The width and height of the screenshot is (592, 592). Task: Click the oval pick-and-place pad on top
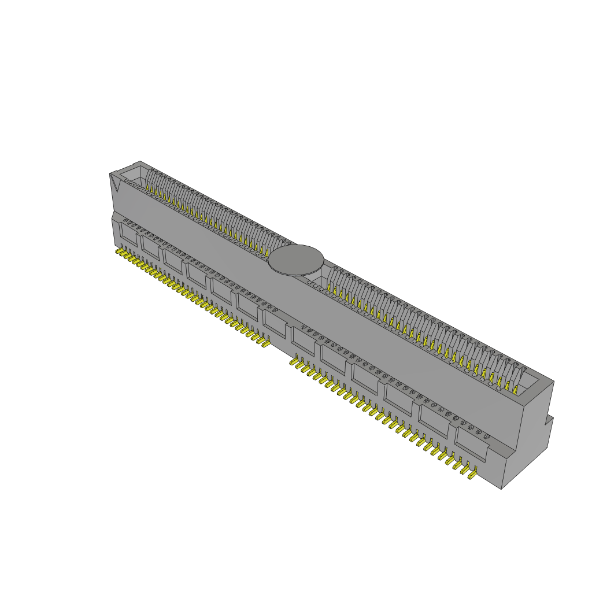tap(296, 260)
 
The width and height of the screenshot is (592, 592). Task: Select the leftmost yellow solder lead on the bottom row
tap(120, 253)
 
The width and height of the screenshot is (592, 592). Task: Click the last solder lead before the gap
tap(265, 343)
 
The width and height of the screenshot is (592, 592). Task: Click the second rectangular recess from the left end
tap(150, 246)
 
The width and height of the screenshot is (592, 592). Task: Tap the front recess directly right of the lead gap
tap(303, 342)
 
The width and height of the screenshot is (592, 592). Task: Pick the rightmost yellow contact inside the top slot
tap(515, 390)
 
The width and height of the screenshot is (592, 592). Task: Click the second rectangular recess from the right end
tap(434, 424)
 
